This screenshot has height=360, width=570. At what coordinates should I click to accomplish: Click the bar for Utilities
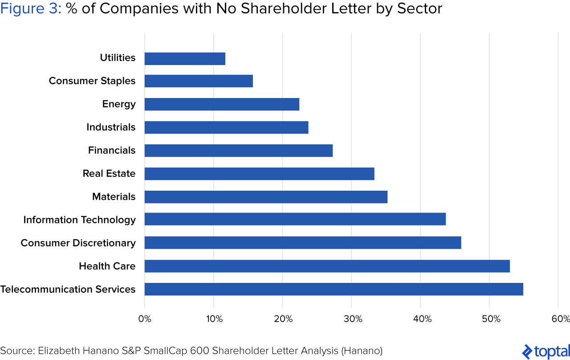pos(185,59)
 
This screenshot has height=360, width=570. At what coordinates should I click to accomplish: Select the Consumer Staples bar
pos(199,81)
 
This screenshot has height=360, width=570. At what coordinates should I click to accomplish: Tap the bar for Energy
pos(222,104)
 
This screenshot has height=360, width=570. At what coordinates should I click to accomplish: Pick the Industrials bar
pos(226,127)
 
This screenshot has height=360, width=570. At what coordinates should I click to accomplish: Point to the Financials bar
pos(239,151)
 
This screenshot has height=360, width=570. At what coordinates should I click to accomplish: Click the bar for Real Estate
pos(259,174)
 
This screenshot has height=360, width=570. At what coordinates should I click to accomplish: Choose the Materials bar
pos(266,197)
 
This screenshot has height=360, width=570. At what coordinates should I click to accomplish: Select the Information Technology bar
pos(295,219)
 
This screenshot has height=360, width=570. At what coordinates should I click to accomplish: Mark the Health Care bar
pos(327,266)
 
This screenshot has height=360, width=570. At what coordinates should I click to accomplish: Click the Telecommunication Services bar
pos(334,289)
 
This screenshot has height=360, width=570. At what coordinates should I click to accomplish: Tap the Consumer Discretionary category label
pos(78,243)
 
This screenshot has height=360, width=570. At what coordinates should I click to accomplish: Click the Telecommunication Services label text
pos(68,289)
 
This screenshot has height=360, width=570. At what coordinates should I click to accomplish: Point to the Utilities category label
pos(118,58)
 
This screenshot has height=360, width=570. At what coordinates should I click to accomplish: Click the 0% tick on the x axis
pos(145,319)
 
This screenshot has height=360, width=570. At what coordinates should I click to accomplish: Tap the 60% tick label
pos(560,319)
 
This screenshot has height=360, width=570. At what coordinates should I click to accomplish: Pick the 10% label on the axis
pos(214,319)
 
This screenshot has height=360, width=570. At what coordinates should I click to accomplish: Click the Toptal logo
pos(546,352)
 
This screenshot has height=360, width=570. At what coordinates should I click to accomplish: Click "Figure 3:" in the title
pos(31,9)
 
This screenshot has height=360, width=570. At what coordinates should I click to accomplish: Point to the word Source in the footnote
pos(17,351)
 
